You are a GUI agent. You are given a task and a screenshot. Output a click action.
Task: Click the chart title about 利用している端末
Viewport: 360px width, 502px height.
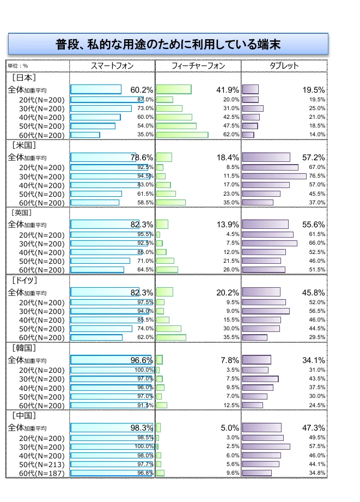[168, 44]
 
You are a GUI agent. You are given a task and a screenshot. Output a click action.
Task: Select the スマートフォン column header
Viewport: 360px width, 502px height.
[112, 66]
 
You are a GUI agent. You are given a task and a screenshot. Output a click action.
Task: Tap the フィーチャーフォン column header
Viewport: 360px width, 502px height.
[198, 66]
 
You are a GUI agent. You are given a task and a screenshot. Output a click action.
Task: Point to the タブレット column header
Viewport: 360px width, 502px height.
[284, 66]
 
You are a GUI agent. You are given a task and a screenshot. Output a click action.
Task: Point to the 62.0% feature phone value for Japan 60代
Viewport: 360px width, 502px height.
[231, 135]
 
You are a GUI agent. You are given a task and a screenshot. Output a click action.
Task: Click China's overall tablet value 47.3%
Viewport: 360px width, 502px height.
[314, 428]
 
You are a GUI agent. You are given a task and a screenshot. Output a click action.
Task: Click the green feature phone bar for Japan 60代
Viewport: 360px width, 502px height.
[182, 135]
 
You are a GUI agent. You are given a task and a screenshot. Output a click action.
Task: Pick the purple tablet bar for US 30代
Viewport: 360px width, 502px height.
[274, 176]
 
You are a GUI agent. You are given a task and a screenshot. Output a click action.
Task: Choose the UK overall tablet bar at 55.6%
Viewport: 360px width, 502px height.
[265, 225]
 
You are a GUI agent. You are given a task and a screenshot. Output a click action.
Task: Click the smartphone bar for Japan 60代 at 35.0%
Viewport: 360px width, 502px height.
[85, 135]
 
